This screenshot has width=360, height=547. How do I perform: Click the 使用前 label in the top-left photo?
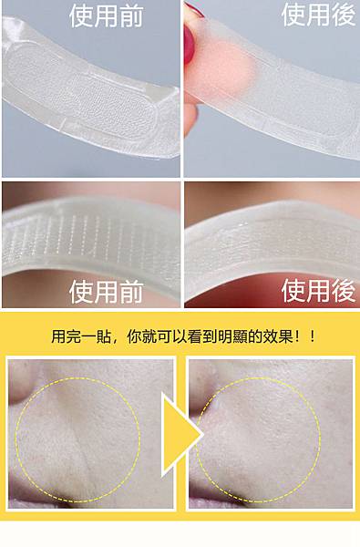[107, 15]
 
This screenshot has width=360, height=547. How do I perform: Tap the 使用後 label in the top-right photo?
[318, 15]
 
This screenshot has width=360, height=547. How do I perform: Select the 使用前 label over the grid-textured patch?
[107, 292]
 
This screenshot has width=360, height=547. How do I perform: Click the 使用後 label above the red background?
[318, 290]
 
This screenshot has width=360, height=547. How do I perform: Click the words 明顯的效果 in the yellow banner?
[255, 336]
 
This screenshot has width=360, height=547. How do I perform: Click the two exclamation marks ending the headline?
[306, 336]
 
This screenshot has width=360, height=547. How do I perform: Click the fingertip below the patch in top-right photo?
[190, 119]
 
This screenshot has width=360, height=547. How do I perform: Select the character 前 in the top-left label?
[131, 15]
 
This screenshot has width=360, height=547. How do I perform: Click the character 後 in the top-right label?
[344, 15]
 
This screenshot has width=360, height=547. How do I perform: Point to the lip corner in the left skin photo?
[42, 502]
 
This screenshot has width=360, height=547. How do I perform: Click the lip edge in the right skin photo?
[216, 502]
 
